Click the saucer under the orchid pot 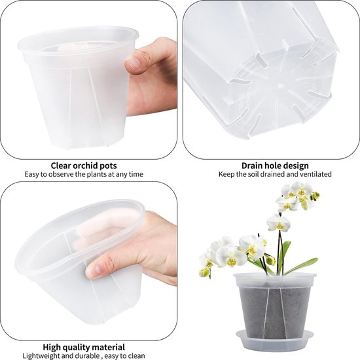275,338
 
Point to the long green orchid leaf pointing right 300,266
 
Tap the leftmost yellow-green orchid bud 205,272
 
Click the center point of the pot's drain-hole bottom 279,86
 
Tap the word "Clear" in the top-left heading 61,166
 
